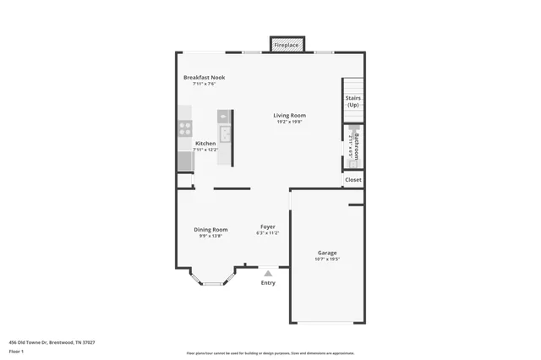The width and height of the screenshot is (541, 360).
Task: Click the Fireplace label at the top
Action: (287, 44)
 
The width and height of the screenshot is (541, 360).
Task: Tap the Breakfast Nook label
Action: (205, 78)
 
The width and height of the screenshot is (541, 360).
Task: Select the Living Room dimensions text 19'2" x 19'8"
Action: (289, 122)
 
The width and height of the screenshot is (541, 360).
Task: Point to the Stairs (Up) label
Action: (353, 101)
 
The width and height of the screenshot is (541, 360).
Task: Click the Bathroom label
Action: (357, 145)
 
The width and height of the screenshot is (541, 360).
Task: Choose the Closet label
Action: (353, 179)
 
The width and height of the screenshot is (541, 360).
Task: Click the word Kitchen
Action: (205, 144)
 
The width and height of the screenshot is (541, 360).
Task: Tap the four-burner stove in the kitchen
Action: (184, 128)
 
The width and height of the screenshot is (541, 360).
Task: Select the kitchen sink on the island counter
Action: (225, 134)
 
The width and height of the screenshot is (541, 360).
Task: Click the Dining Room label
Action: (211, 229)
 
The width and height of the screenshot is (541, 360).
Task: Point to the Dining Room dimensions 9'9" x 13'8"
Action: (211, 236)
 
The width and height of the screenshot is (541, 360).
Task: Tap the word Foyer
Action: (267, 226)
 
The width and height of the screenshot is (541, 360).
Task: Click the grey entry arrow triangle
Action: (268, 273)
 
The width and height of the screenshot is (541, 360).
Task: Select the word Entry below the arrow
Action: (268, 283)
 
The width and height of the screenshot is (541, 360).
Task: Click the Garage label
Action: (327, 253)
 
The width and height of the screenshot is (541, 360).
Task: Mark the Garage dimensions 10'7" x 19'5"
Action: (327, 259)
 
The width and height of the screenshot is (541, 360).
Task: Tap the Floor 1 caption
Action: (17, 351)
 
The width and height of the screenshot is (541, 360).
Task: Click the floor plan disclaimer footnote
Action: (271, 353)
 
